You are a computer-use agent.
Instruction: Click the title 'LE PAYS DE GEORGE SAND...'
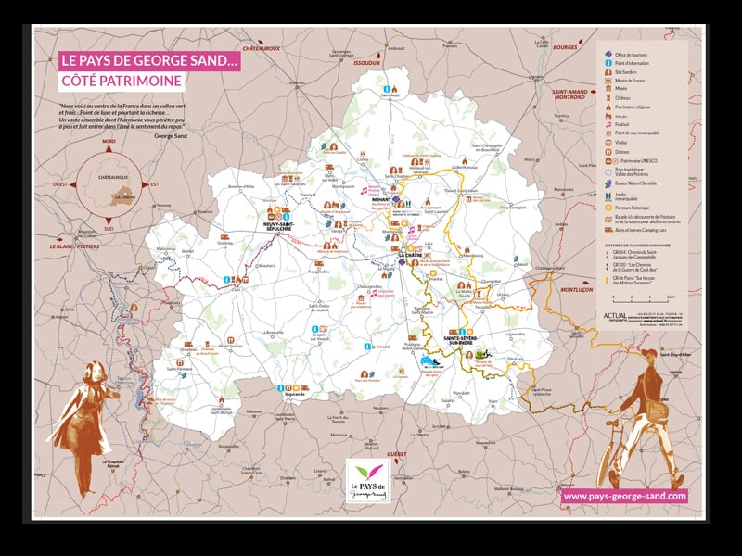coord(149,61)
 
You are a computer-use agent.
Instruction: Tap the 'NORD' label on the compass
coord(109,142)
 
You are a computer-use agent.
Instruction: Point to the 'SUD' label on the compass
coord(109,228)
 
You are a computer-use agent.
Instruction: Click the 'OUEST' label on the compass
coord(61,184)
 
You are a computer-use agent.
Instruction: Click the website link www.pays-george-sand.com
coord(624,497)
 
